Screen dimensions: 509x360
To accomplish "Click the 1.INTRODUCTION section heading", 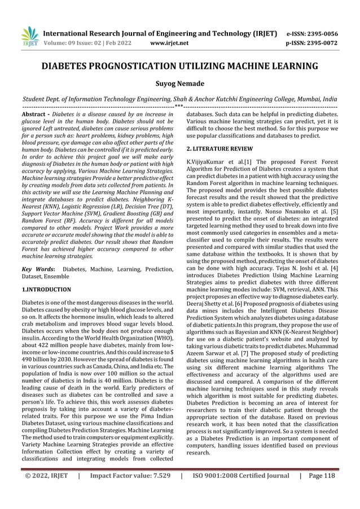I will click(46, 289).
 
